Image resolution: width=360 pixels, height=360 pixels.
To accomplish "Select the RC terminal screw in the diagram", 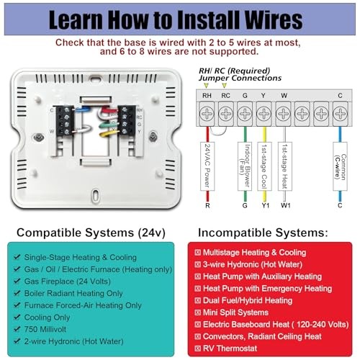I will [225, 112].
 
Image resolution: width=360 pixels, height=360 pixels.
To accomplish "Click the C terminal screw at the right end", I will [340, 112].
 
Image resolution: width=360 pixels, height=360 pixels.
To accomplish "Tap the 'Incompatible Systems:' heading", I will [270, 233].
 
